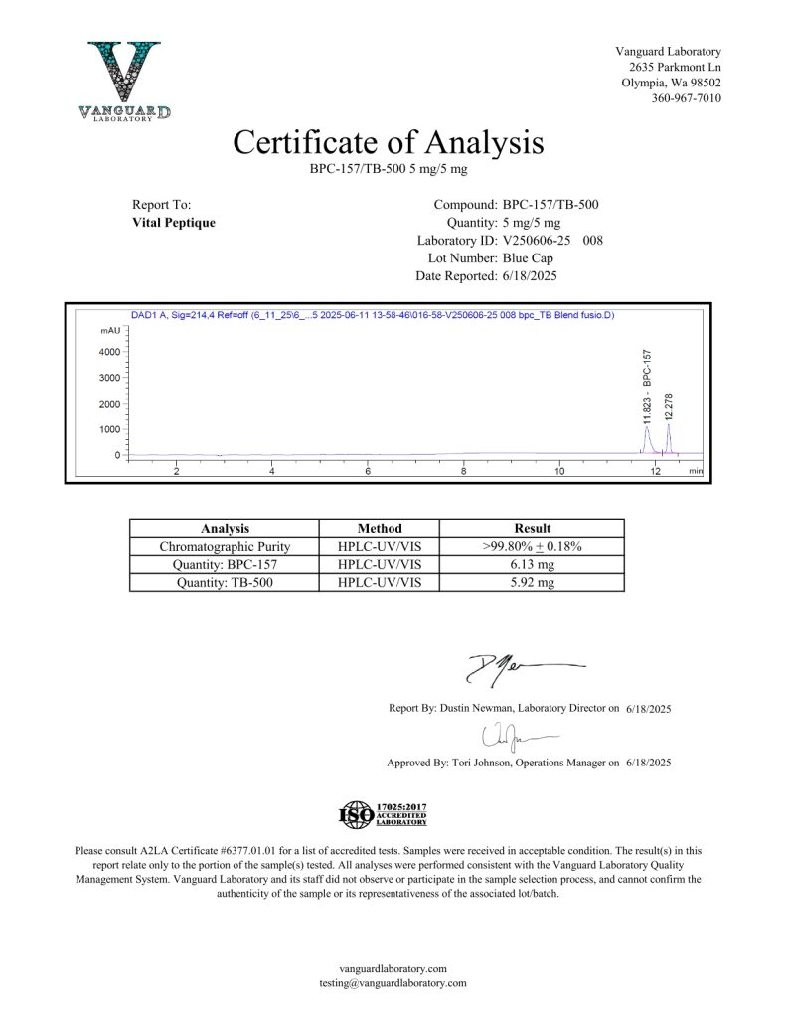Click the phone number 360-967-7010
(x=686, y=98)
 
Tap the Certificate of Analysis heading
(x=389, y=142)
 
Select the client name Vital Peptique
(x=174, y=223)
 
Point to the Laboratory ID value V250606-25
(x=538, y=241)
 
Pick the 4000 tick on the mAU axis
(x=108, y=352)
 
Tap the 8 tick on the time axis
(x=464, y=471)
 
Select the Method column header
(x=380, y=529)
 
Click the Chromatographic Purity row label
(x=225, y=547)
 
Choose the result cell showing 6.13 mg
(x=532, y=565)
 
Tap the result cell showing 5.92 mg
(x=532, y=583)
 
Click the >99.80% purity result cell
(x=532, y=547)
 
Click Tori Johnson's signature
(x=515, y=737)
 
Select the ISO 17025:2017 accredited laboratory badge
(x=384, y=815)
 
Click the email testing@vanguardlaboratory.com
(x=393, y=983)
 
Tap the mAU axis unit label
(x=110, y=330)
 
